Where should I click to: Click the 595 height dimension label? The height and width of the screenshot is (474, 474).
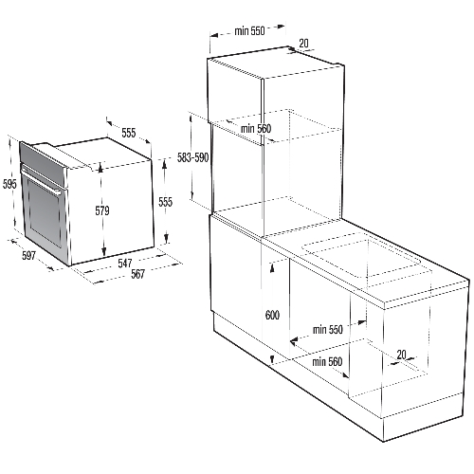[x=9, y=183]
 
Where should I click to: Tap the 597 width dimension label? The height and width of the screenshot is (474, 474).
[x=28, y=255]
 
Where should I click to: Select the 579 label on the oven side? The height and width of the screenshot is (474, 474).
[x=102, y=210]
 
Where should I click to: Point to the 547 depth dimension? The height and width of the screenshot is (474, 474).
[x=125, y=263]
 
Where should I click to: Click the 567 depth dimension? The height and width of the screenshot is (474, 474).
[x=137, y=274]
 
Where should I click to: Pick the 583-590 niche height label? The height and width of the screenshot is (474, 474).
[x=192, y=157]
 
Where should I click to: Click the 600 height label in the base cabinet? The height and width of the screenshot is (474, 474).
[x=272, y=315]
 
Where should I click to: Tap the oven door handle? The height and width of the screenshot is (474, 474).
[x=41, y=181]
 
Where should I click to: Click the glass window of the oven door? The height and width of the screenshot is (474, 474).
[x=45, y=212]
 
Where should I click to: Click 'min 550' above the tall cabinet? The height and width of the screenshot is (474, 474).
[x=249, y=30]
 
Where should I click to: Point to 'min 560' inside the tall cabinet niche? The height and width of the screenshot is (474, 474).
[x=256, y=129]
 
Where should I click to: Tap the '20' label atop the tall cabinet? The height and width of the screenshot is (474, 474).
[x=303, y=44]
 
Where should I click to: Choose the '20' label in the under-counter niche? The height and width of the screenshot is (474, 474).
[x=401, y=355]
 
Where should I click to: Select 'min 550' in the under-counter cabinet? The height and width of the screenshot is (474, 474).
[x=328, y=330]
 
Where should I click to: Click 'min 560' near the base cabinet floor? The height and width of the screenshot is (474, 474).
[x=327, y=361]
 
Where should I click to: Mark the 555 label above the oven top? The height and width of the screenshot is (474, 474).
[x=129, y=133]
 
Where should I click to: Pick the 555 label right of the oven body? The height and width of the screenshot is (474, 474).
[x=165, y=202]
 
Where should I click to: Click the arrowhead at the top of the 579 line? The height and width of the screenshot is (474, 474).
[x=100, y=168]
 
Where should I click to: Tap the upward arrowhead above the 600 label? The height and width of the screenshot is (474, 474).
[x=272, y=268]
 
